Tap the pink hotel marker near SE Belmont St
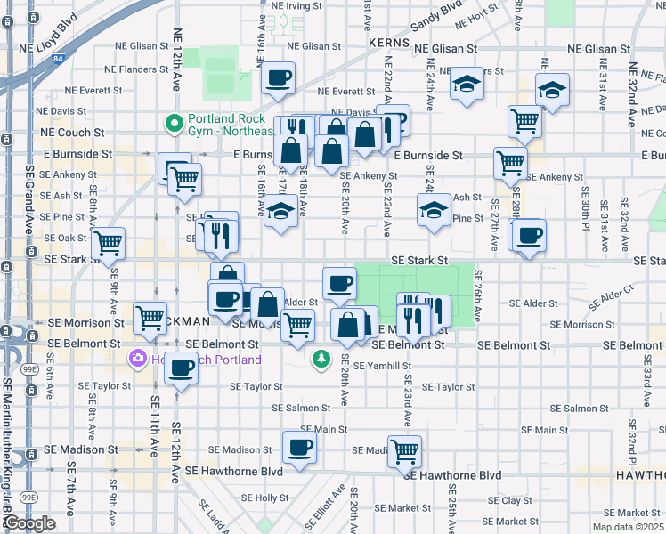click(137, 360)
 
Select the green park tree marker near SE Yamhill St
click(321, 360)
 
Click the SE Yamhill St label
click(382, 366)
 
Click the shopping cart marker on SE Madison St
click(405, 450)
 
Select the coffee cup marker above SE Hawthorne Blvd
click(299, 447)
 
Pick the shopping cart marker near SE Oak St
click(108, 241)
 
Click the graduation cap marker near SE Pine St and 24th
click(434, 210)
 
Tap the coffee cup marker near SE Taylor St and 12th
click(182, 367)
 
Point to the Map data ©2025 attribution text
click(628, 527)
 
